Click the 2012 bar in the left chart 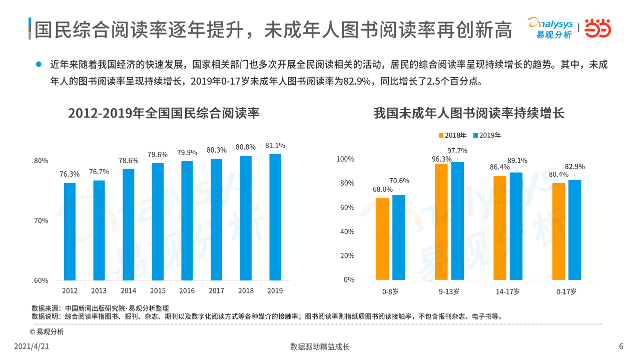tap(70, 231)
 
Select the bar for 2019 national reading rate tap(275, 217)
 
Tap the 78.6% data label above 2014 tap(129, 161)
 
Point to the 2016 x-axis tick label tap(187, 291)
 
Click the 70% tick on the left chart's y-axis tap(41, 220)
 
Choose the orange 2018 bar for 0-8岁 tap(382, 239)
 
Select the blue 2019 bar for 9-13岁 tap(457, 221)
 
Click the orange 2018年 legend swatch tap(441, 135)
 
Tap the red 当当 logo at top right tap(598, 28)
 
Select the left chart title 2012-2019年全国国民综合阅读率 tap(164, 113)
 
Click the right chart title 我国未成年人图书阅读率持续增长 tap(469, 113)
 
